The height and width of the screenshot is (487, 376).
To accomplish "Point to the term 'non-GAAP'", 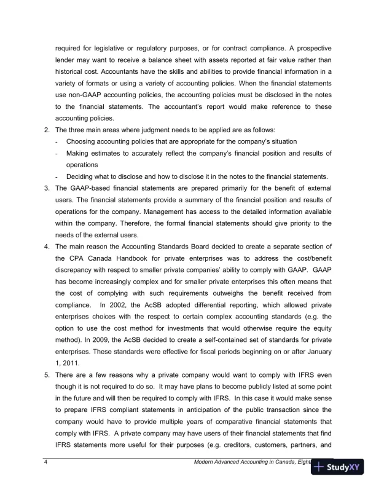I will click(80, 95).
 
